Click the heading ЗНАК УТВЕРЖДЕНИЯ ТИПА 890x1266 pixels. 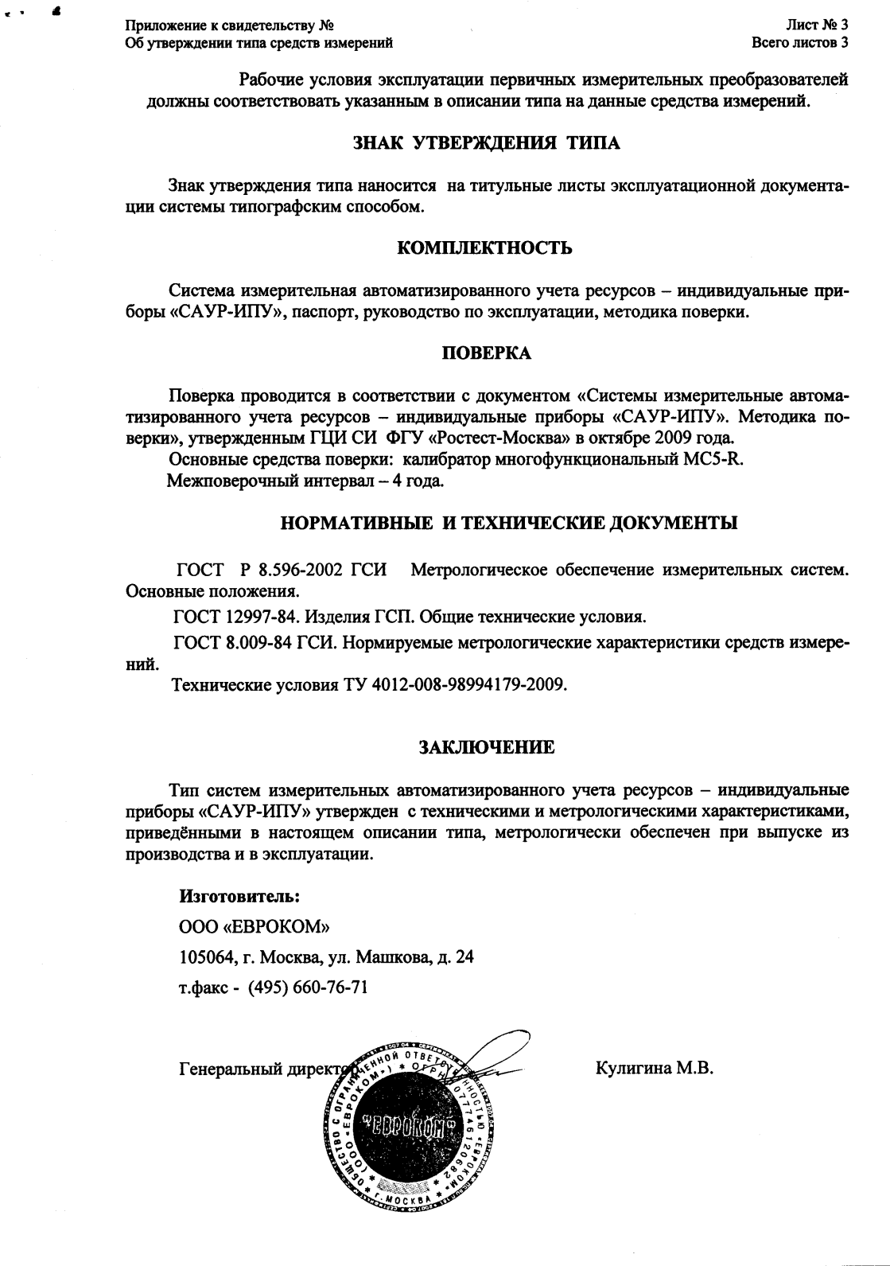click(x=486, y=143)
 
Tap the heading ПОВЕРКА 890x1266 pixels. click(x=486, y=353)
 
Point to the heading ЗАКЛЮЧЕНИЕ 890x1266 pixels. click(x=486, y=747)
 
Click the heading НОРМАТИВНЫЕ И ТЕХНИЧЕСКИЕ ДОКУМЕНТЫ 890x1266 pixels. click(x=509, y=523)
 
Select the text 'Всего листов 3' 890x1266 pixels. click(x=799, y=42)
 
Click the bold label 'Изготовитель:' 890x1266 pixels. click(x=239, y=895)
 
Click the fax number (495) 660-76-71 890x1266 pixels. click(x=308, y=987)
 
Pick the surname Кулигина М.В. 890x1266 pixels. click(x=654, y=1069)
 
